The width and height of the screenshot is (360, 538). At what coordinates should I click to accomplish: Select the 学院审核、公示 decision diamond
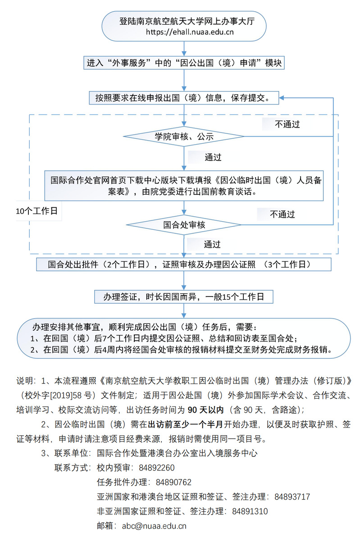point(184,136)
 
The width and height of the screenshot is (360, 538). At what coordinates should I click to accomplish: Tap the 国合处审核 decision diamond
point(184,224)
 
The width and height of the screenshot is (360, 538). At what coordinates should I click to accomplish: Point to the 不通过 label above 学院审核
point(287,124)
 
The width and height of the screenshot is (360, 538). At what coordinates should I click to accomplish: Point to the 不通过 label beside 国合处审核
point(282,214)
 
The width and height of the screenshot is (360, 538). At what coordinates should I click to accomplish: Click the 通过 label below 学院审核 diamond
point(213,157)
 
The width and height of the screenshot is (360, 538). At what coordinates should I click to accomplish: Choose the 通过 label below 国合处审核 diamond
point(212,244)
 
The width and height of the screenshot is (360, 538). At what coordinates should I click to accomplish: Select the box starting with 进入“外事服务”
point(184,63)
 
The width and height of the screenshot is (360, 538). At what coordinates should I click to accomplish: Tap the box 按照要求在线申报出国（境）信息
point(184,98)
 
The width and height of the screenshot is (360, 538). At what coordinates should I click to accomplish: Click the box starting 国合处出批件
point(184,264)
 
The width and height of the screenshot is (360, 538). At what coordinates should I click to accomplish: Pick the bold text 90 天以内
point(205,410)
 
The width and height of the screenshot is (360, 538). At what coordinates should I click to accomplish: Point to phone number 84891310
point(250,511)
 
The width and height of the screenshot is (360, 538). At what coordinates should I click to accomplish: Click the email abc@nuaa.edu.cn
point(154,526)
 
